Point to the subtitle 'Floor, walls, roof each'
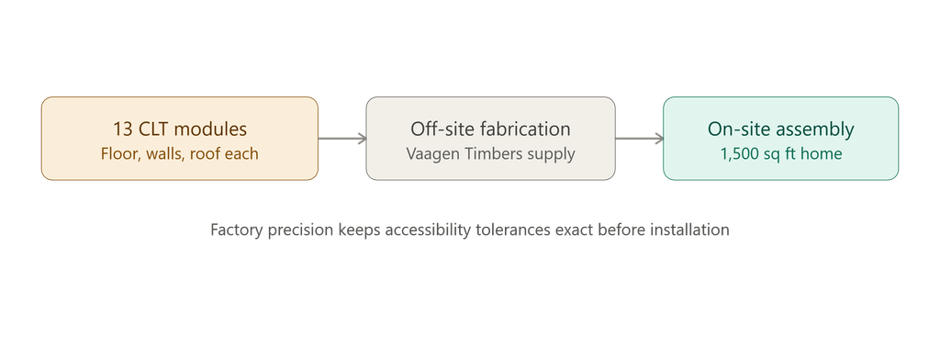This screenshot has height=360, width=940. click(x=180, y=154)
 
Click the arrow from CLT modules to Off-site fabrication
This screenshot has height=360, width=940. click(x=342, y=139)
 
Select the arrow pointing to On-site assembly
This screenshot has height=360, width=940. click(x=639, y=139)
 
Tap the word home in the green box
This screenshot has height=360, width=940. click(x=822, y=153)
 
